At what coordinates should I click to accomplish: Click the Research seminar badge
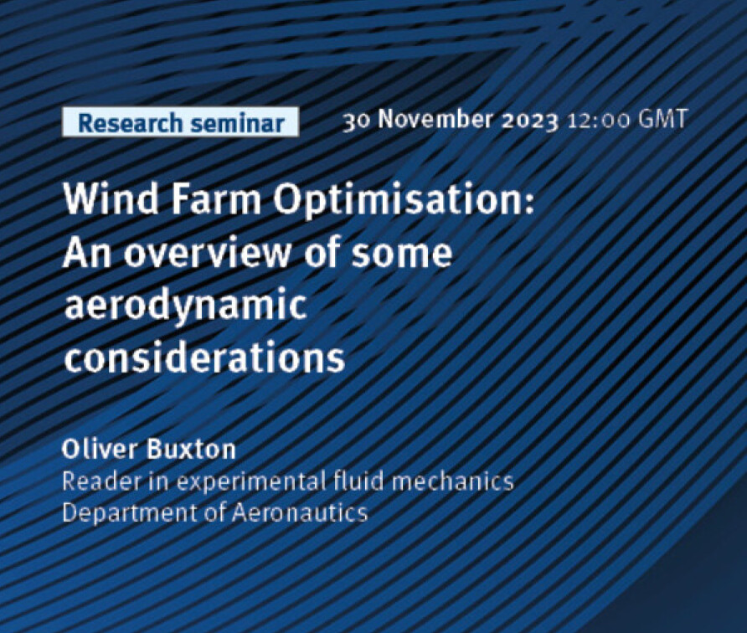click(181, 122)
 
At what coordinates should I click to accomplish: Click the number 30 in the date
click(356, 121)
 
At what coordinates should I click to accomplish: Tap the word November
click(435, 119)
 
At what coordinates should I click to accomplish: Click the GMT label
click(663, 119)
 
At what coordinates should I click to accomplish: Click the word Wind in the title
click(111, 198)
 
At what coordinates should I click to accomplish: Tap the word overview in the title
click(208, 252)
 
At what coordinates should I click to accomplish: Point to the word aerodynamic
click(186, 306)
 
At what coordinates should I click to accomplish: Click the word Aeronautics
click(300, 512)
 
